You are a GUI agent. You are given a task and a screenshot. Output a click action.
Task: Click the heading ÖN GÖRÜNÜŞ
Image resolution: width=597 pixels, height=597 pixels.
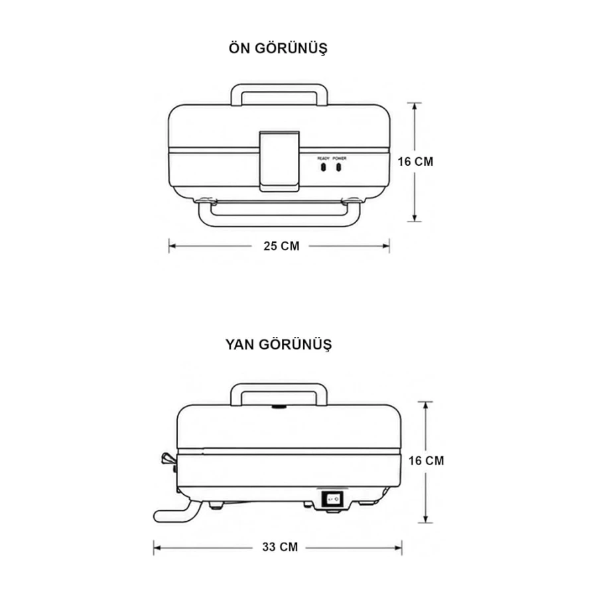click(x=278, y=48)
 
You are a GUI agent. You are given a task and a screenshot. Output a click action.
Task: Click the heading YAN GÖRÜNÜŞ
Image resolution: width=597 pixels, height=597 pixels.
click(x=279, y=344)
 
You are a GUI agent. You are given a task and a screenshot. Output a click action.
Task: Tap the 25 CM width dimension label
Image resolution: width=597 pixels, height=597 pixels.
click(x=281, y=246)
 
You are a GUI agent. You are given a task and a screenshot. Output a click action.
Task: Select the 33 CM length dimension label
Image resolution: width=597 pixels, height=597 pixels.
click(x=280, y=547)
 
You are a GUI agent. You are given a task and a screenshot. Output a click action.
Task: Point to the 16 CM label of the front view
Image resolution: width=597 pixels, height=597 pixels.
click(x=415, y=162)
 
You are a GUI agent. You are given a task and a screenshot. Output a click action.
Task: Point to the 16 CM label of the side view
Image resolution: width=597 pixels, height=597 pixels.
click(x=426, y=461)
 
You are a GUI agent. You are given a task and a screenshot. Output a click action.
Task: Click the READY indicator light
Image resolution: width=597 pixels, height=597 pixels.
click(x=323, y=167)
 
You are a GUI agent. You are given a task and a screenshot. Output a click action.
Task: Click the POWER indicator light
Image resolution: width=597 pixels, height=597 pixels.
click(x=338, y=167)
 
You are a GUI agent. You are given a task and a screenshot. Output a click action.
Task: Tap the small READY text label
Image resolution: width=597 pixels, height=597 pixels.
click(x=323, y=159)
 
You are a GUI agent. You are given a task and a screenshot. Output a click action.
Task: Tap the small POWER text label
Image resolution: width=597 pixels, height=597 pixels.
click(x=340, y=159)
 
